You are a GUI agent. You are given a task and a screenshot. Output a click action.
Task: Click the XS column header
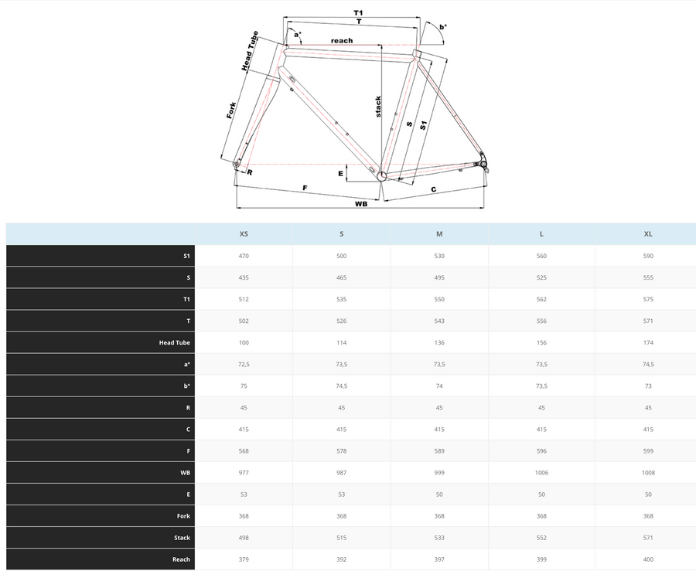[x=244, y=233]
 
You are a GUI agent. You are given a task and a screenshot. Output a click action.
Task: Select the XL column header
[x=648, y=233]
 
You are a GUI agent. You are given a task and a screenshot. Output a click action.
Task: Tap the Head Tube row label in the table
[x=175, y=342]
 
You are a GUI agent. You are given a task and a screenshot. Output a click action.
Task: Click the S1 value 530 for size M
[x=439, y=256]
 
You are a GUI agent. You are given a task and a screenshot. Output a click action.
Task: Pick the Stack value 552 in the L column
[x=541, y=538]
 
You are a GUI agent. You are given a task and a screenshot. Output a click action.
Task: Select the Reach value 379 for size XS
[x=244, y=559]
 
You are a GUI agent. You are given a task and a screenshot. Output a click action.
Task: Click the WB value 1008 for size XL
[x=648, y=473]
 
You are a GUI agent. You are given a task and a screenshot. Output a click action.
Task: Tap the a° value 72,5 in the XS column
[x=244, y=364]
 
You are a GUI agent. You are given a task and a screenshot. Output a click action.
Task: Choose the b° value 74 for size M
[x=439, y=386]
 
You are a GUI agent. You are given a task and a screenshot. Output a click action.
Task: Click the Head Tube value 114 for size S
[x=341, y=342]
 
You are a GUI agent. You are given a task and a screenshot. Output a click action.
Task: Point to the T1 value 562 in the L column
[x=541, y=299]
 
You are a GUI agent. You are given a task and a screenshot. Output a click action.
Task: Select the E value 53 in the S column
[x=341, y=495]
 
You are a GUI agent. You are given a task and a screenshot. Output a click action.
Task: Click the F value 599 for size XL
[x=648, y=451]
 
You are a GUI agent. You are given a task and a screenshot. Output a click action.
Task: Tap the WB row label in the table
[x=185, y=473]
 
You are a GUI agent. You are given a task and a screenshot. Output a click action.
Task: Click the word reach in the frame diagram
[x=341, y=41]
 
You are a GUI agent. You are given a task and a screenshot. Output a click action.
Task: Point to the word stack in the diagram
[x=378, y=106]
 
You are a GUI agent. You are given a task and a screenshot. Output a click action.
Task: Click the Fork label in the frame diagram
[x=231, y=110]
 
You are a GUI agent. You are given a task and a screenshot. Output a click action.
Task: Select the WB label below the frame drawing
[x=360, y=204]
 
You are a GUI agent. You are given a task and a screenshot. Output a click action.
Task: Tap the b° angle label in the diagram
[x=442, y=27]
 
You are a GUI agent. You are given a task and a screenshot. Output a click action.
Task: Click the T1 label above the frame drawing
[x=358, y=12]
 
